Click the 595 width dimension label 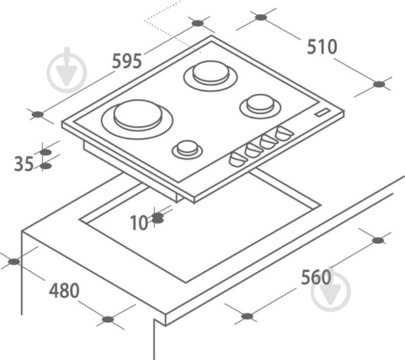pyautogui.click(x=127, y=61)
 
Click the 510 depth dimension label pyautogui.click(x=322, y=47)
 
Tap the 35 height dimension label pyautogui.click(x=24, y=163)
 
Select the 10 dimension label pyautogui.click(x=139, y=223)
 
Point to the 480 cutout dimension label pyautogui.click(x=64, y=290)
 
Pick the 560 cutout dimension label pyautogui.click(x=316, y=277)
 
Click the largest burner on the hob pyautogui.click(x=138, y=119)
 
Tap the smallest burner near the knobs pyautogui.click(x=187, y=150)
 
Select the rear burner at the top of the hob pyautogui.click(x=211, y=76)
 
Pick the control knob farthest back pyautogui.click(x=284, y=133)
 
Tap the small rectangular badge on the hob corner pyautogui.click(x=323, y=112)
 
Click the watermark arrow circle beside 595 pyautogui.click(x=67, y=70)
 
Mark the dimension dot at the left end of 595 pyautogui.click(x=38, y=114)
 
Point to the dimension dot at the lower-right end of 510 pyautogui.click(x=379, y=84)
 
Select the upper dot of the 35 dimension pyautogui.click(x=46, y=152)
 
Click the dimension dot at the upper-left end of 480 pyautogui.click(x=14, y=262)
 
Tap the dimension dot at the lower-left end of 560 pyautogui.click(x=247, y=316)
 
